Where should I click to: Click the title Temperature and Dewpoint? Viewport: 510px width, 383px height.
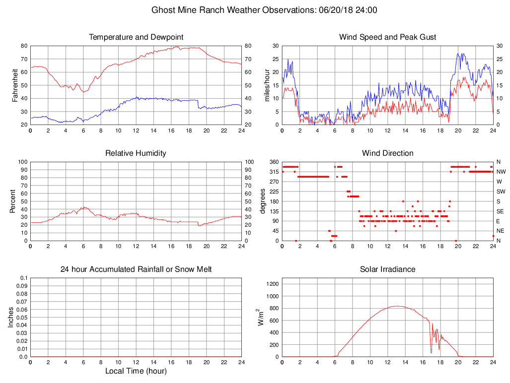(136, 37)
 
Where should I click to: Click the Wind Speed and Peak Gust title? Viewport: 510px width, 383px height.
(387, 37)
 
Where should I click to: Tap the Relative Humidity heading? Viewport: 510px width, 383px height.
(136, 153)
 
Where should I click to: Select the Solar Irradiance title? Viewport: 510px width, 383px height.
(387, 269)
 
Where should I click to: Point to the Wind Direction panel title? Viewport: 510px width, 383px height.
(387, 153)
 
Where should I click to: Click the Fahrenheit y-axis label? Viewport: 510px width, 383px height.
(15, 85)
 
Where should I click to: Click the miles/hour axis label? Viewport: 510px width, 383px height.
(267, 85)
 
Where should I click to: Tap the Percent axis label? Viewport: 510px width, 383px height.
(12, 201)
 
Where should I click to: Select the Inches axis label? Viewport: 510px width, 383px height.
(11, 317)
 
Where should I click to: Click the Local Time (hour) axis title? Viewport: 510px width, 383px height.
(136, 371)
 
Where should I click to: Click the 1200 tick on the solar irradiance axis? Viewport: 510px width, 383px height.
(271, 284)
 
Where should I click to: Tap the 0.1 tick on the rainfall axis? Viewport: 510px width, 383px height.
(23, 278)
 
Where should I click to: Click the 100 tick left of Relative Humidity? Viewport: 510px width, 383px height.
(21, 162)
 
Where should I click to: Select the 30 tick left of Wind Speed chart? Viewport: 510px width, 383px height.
(274, 46)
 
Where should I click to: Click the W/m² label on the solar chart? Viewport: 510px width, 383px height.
(261, 317)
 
